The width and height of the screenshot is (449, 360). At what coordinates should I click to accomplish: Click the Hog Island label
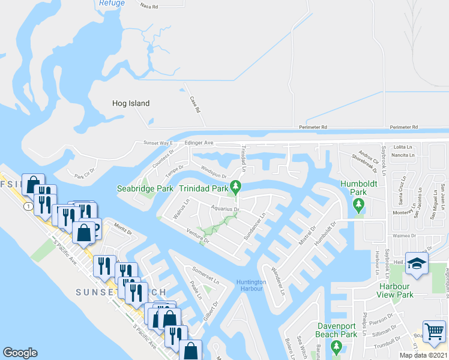coord(130,103)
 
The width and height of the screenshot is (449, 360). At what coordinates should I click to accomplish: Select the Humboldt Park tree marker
coord(358,206)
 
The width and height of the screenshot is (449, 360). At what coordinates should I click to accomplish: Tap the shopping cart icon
coord(434,331)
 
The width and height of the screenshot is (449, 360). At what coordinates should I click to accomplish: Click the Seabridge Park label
coord(145,188)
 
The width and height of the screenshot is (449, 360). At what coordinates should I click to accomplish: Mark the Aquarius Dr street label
coord(225,209)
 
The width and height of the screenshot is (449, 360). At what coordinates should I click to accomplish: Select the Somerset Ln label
coord(206,274)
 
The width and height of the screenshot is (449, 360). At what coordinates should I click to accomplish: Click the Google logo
coord(20,353)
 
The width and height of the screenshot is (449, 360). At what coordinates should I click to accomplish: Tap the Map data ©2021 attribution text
coord(424,355)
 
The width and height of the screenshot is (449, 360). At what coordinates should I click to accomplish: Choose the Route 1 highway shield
coord(28,206)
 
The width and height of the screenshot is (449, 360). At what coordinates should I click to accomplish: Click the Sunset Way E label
coord(157,143)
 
